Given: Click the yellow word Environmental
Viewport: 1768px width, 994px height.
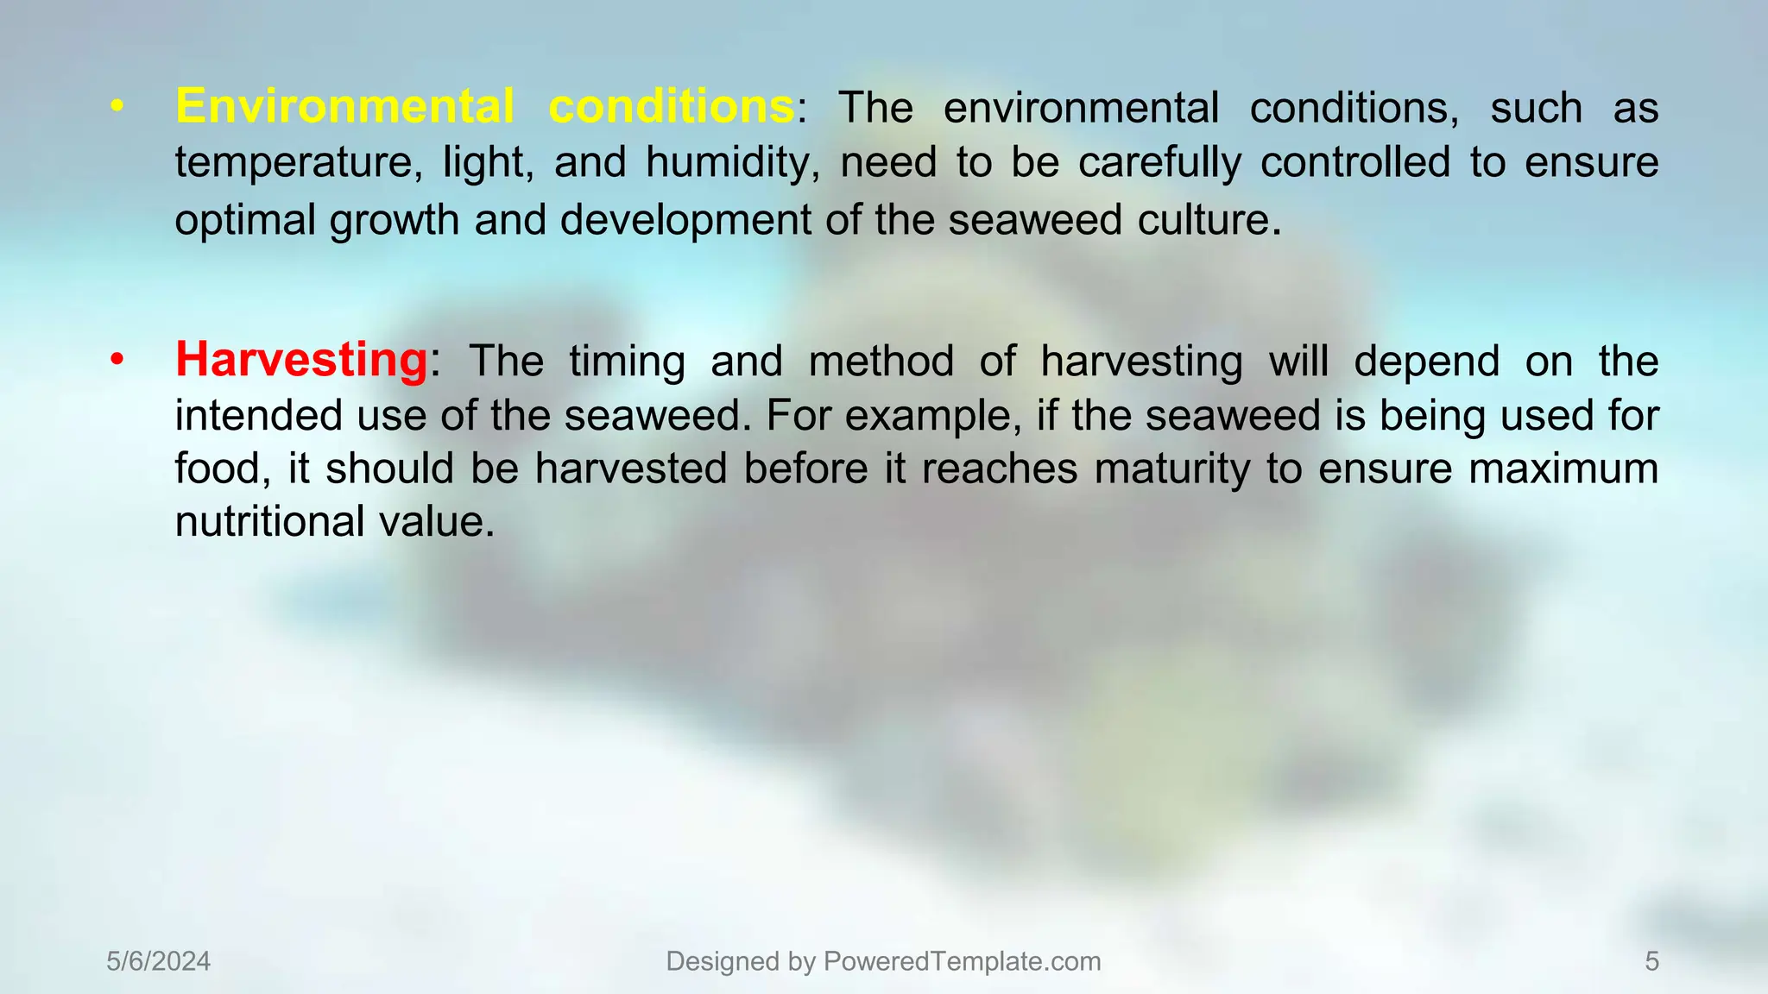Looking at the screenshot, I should (344, 107).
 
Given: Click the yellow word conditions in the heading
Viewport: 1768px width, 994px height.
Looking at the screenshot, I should (671, 107).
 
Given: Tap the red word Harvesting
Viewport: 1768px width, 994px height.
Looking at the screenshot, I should (301, 360).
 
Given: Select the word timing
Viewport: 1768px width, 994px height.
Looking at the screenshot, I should (627, 361).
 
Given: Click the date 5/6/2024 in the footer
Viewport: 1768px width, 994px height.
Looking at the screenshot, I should (159, 961).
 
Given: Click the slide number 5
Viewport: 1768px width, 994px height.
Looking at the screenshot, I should (1651, 961).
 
